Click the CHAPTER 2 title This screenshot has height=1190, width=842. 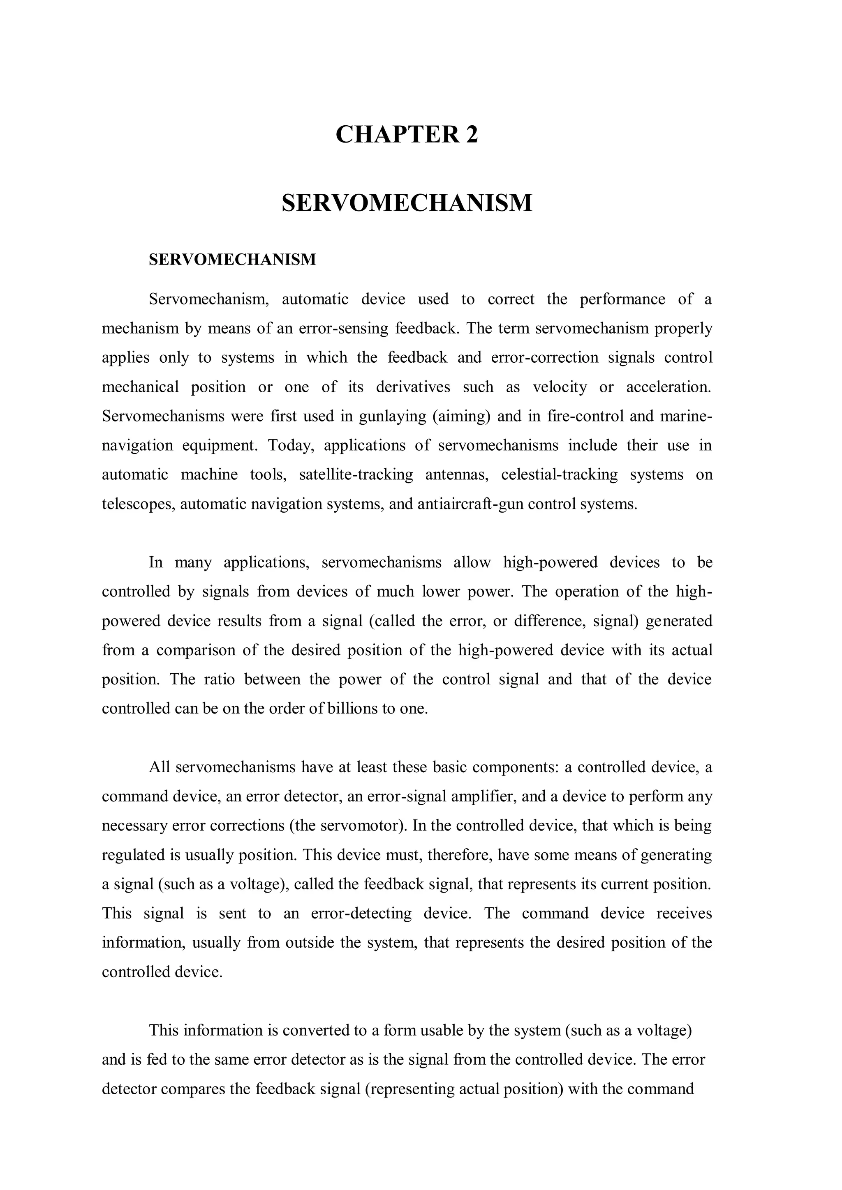coord(407,135)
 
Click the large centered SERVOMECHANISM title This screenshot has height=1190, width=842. coord(407,203)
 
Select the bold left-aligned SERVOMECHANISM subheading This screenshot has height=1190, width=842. coord(232,260)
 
